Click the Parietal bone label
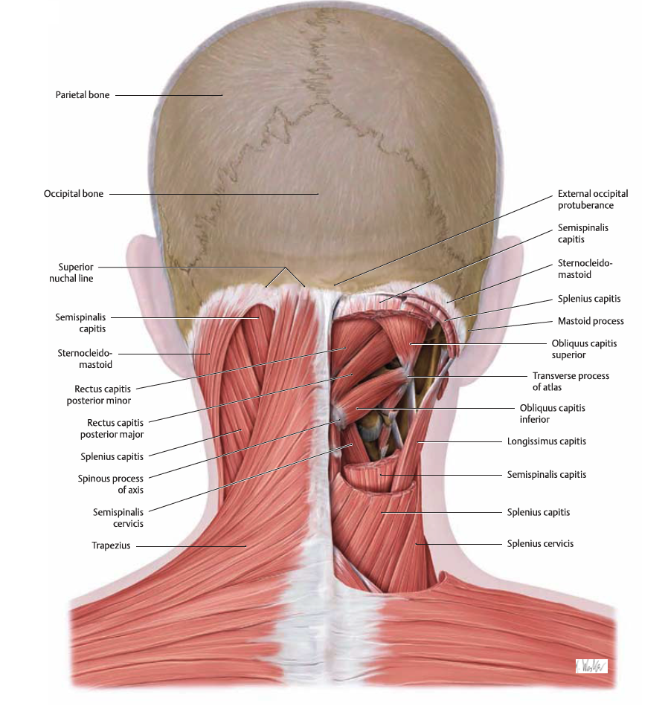click(83, 95)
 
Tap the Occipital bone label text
click(74, 194)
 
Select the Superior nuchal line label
click(71, 273)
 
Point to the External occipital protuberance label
click(593, 199)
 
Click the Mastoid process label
click(591, 321)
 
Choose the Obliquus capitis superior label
click(584, 349)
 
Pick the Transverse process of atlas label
click(571, 381)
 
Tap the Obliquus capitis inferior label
click(552, 413)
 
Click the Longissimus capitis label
click(546, 441)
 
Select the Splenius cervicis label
click(540, 543)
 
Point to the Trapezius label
click(111, 545)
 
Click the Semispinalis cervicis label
click(118, 518)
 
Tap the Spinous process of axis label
click(110, 484)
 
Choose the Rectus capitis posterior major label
click(112, 429)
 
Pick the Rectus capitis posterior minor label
click(99, 395)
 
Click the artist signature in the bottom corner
click(591, 667)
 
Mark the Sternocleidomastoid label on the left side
click(85, 359)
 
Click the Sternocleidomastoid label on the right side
click(585, 269)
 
